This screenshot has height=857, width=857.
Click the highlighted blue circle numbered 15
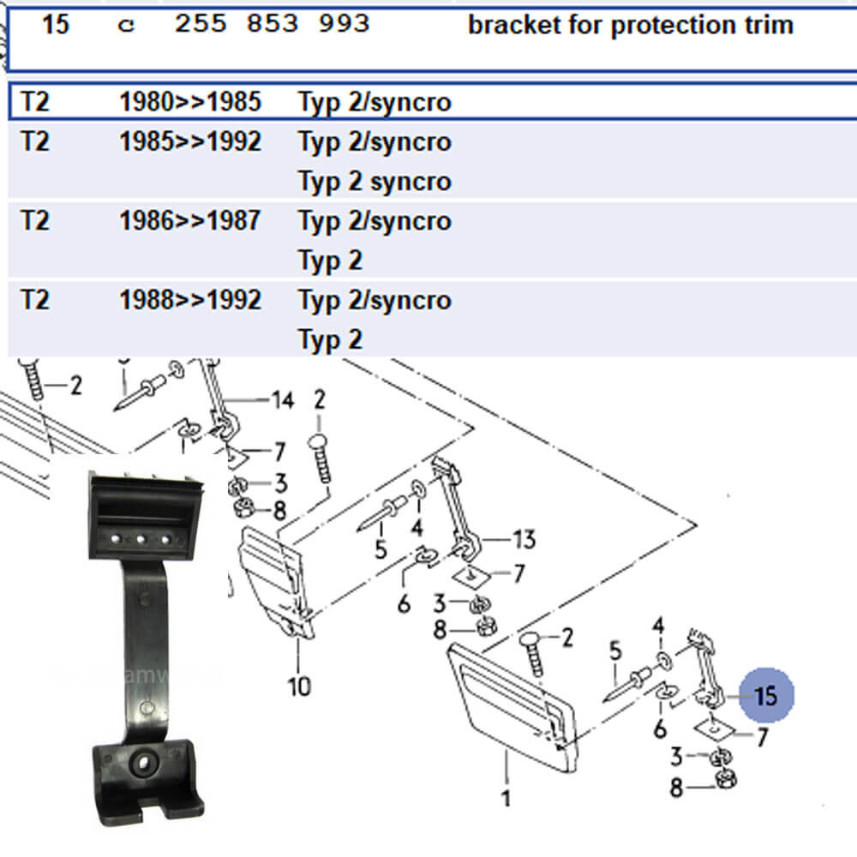point(768,695)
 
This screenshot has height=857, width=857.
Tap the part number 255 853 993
point(272,24)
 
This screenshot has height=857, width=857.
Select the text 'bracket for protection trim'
point(630,25)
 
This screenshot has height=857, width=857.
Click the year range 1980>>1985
point(189,102)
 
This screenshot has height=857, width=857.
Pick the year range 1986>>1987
point(189,221)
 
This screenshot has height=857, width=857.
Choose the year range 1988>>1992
point(189,300)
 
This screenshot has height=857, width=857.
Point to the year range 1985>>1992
point(189,141)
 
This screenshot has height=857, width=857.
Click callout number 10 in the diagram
point(299,686)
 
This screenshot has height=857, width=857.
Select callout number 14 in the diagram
point(282,399)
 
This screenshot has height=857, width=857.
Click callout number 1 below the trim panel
point(506,799)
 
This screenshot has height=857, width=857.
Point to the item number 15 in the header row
point(55,24)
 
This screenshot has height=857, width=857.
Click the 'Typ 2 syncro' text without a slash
point(374,182)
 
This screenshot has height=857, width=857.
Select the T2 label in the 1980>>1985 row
point(34,102)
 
